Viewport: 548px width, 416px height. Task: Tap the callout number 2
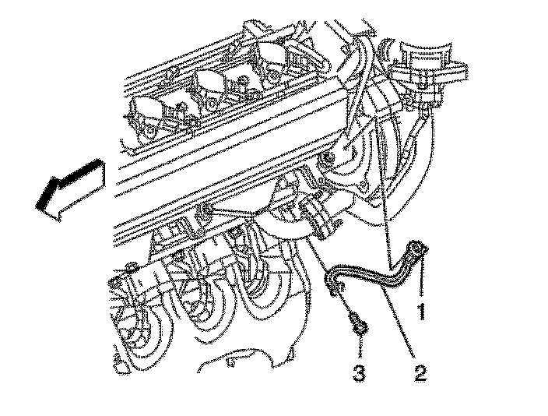(x=421, y=373)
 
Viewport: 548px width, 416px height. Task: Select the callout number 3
(x=359, y=373)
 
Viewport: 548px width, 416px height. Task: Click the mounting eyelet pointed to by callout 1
(x=418, y=250)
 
